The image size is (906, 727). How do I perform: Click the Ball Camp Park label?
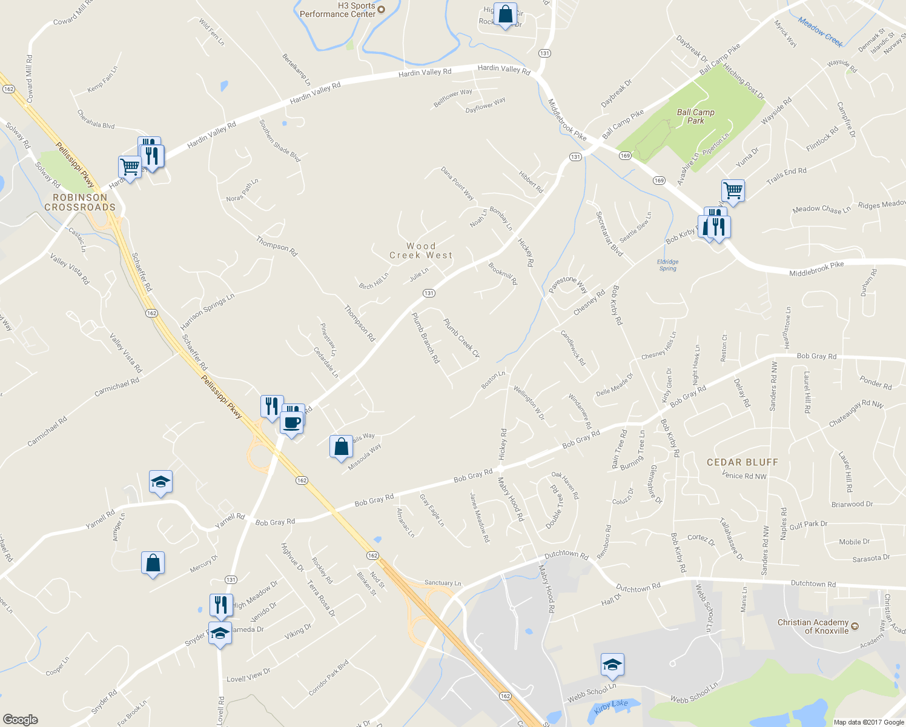coord(695,116)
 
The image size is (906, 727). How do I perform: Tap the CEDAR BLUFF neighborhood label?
coord(742,462)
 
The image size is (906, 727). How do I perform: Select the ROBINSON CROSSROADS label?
coord(80,202)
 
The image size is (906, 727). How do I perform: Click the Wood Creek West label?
coord(421,251)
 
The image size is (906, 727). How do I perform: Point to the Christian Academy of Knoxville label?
coord(813,626)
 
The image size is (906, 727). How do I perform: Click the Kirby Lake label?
coord(611,705)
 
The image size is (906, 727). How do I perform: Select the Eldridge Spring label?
coord(667,265)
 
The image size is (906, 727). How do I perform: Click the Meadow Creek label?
coord(820,32)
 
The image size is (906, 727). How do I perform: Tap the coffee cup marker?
coord(291,422)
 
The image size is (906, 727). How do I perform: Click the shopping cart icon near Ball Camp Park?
coord(733,190)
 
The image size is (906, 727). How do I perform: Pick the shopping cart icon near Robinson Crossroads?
coord(130,166)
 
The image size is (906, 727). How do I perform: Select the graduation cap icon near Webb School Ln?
coord(612,665)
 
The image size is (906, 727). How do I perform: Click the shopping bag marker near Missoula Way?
coord(342,446)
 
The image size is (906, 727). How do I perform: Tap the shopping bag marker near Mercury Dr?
coord(153,563)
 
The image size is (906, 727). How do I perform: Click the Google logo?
coord(20,719)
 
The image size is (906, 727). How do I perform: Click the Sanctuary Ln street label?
coord(443,583)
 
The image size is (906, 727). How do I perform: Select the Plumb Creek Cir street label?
coord(461,338)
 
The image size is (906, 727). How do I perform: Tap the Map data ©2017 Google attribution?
coord(868,722)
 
